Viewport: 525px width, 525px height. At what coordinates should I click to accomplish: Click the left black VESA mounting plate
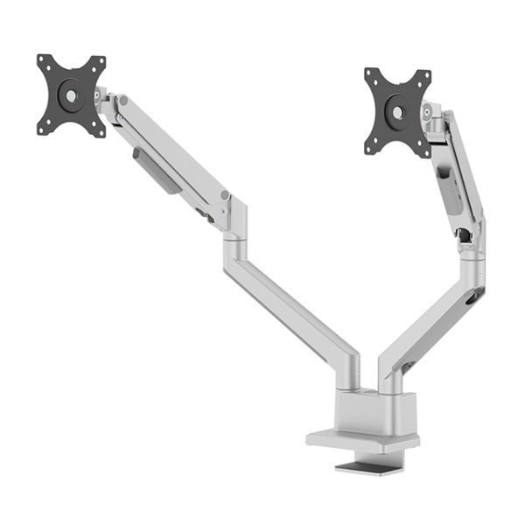(71, 95)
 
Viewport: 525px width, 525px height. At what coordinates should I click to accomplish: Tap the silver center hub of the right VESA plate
(398, 113)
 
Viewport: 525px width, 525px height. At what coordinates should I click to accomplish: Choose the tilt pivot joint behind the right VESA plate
(429, 114)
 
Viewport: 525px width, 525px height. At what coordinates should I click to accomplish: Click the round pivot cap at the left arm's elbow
(225, 195)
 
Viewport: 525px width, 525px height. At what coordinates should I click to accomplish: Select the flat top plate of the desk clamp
(363, 439)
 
